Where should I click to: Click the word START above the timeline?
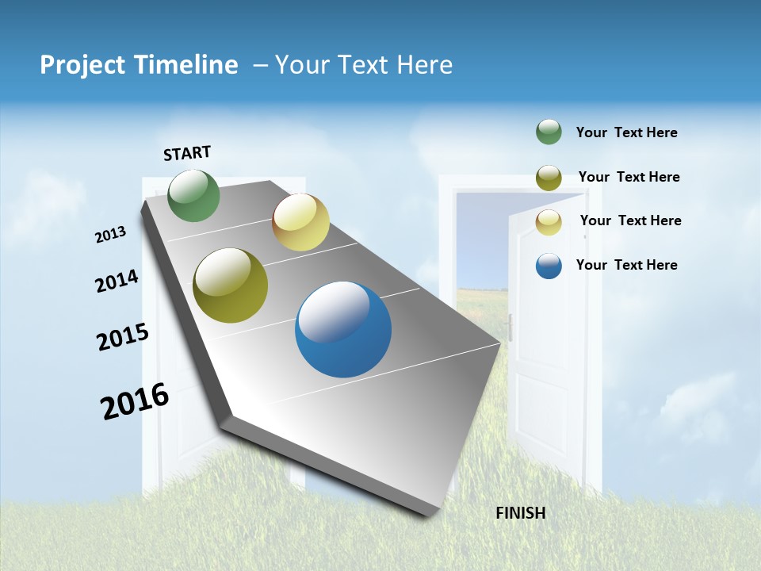tap(187, 153)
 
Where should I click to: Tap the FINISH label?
tap(520, 513)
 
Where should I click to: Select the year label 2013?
tap(110, 235)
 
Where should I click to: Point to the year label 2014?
tap(117, 282)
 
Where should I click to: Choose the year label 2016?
tap(135, 401)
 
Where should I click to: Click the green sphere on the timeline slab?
tap(194, 196)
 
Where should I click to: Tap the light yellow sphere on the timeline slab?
tap(300, 222)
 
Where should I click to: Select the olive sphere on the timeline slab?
tap(231, 285)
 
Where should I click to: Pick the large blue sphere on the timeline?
tap(343, 329)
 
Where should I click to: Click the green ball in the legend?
tap(549, 132)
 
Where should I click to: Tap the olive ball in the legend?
tap(549, 178)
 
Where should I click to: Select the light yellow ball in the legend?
tap(549, 222)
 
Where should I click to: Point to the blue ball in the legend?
tap(549, 266)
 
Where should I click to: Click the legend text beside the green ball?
tap(626, 133)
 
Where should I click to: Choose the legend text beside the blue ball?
tap(626, 265)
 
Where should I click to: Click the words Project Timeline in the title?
tap(139, 65)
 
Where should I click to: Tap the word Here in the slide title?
tap(424, 65)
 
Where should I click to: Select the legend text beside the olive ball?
tap(629, 177)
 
